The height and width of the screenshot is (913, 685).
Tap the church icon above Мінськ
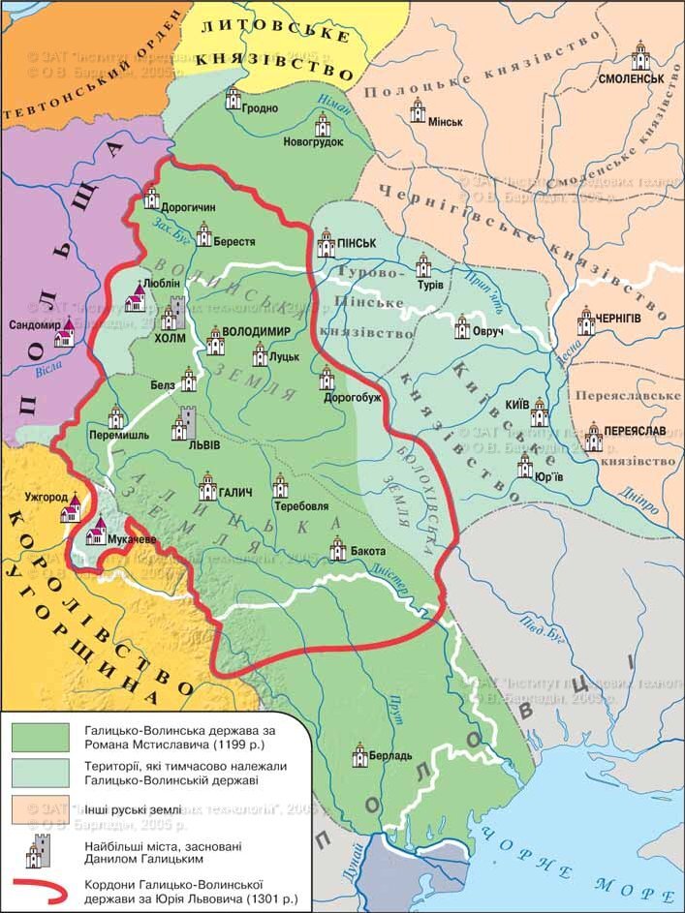click(418, 109)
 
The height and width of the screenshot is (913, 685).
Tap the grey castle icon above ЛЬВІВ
click(186, 423)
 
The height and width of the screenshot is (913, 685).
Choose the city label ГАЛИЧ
click(237, 492)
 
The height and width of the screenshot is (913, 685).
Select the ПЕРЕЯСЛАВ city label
click(634, 430)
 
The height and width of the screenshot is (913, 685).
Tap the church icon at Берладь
click(360, 754)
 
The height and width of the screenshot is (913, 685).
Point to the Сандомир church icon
click(66, 334)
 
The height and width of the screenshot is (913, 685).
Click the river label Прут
click(391, 706)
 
